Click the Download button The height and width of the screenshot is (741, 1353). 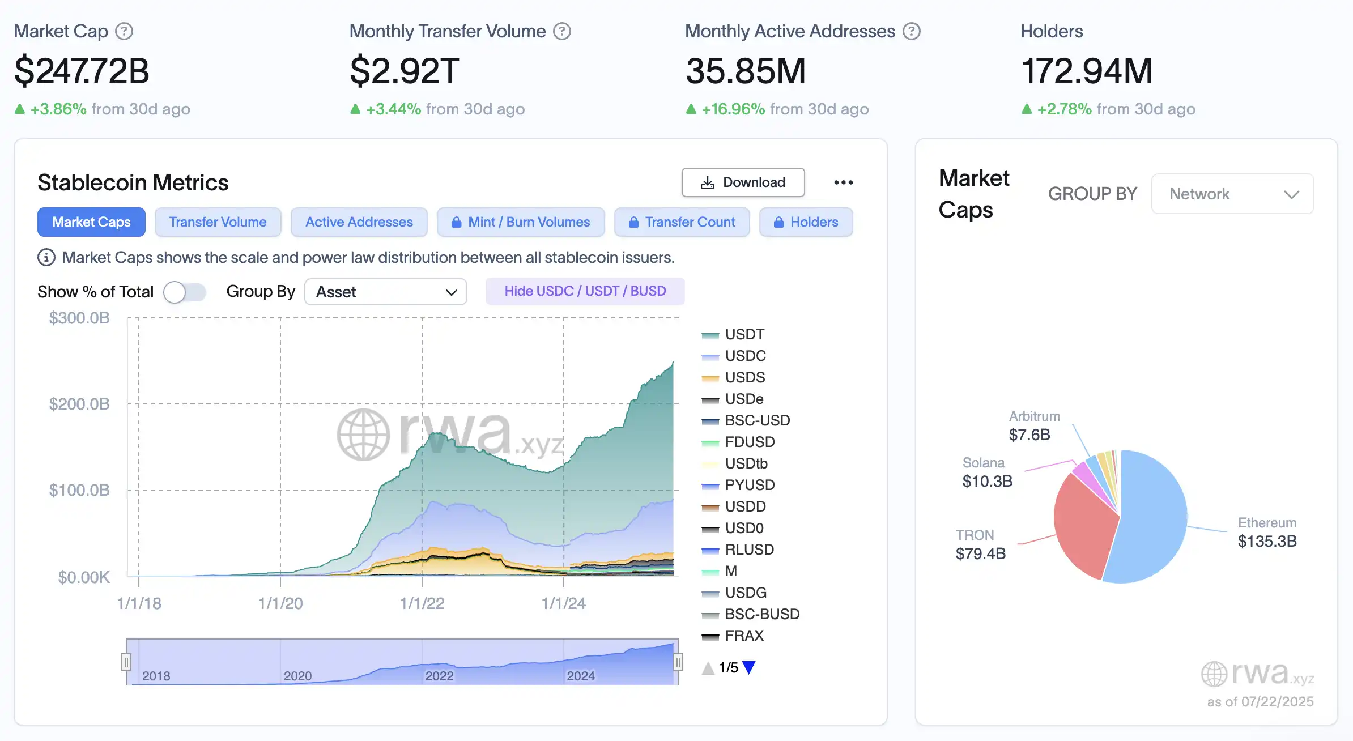point(743,182)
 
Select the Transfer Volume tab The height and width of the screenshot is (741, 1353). point(218,222)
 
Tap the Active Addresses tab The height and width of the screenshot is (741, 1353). point(359,222)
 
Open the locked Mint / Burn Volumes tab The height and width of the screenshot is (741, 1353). point(521,222)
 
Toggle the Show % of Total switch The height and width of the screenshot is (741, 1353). point(184,292)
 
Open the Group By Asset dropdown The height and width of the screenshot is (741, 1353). point(385,292)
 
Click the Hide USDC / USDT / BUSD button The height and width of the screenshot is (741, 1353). point(585,291)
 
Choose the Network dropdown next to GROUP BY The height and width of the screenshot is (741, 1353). point(1232,194)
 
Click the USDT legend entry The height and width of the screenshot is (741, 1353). point(744,334)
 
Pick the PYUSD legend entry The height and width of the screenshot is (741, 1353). point(749,485)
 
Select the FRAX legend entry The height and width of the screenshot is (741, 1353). point(744,636)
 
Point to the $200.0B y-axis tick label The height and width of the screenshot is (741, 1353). point(79,404)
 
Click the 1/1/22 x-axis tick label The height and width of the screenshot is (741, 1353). point(422,603)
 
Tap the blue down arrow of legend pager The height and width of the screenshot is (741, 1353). point(748,668)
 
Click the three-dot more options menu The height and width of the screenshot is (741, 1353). point(843,182)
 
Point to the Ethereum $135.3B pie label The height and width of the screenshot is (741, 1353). point(1267,533)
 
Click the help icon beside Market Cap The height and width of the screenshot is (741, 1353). point(124,31)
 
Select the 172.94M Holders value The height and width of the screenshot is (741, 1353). point(1087,71)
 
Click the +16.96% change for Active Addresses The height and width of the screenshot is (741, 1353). point(733,109)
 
